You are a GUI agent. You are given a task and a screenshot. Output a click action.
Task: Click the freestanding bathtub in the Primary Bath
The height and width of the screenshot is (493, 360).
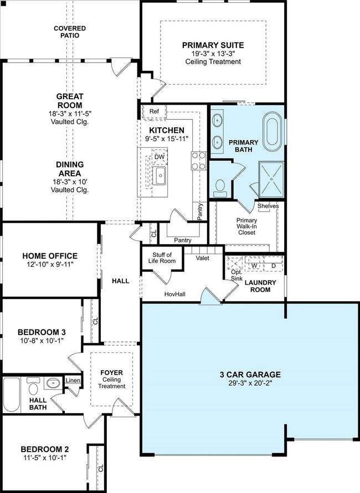click(x=272, y=131)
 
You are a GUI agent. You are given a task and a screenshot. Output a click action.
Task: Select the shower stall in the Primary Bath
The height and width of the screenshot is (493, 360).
click(x=271, y=179)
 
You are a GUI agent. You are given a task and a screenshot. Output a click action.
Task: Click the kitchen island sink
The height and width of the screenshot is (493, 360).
click(x=160, y=176)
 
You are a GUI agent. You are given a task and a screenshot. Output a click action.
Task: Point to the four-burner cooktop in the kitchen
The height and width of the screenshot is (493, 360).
click(x=198, y=161)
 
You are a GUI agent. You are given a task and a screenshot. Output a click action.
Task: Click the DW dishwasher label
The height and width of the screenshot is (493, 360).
click(x=160, y=157)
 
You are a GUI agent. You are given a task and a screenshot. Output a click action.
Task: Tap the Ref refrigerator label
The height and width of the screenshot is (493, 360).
click(x=154, y=111)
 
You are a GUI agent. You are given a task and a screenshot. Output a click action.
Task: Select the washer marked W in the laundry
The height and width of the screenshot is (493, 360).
click(x=254, y=266)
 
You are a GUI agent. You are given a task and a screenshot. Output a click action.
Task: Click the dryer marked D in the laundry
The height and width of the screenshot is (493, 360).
click(x=274, y=266)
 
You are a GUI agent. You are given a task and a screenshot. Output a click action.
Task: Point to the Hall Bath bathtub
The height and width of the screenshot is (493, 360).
click(x=12, y=394)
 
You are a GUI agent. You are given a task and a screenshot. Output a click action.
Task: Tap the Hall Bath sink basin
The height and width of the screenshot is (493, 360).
click(x=53, y=383)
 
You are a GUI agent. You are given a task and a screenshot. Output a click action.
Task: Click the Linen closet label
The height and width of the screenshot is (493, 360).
click(x=73, y=381)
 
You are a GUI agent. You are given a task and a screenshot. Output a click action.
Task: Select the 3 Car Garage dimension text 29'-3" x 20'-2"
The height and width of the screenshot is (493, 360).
click(x=250, y=383)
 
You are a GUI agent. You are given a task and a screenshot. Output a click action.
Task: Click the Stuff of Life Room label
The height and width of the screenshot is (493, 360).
click(x=162, y=258)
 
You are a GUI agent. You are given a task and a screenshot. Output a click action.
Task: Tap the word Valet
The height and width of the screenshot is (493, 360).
click(x=203, y=258)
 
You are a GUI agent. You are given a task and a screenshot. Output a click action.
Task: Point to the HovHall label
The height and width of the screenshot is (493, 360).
click(x=175, y=294)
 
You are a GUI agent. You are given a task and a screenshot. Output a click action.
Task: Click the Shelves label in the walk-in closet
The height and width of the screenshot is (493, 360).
click(x=268, y=206)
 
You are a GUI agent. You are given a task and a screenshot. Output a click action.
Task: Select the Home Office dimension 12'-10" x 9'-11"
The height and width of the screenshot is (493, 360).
click(x=50, y=264)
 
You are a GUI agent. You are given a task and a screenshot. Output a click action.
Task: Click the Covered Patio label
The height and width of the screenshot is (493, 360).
click(x=70, y=32)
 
